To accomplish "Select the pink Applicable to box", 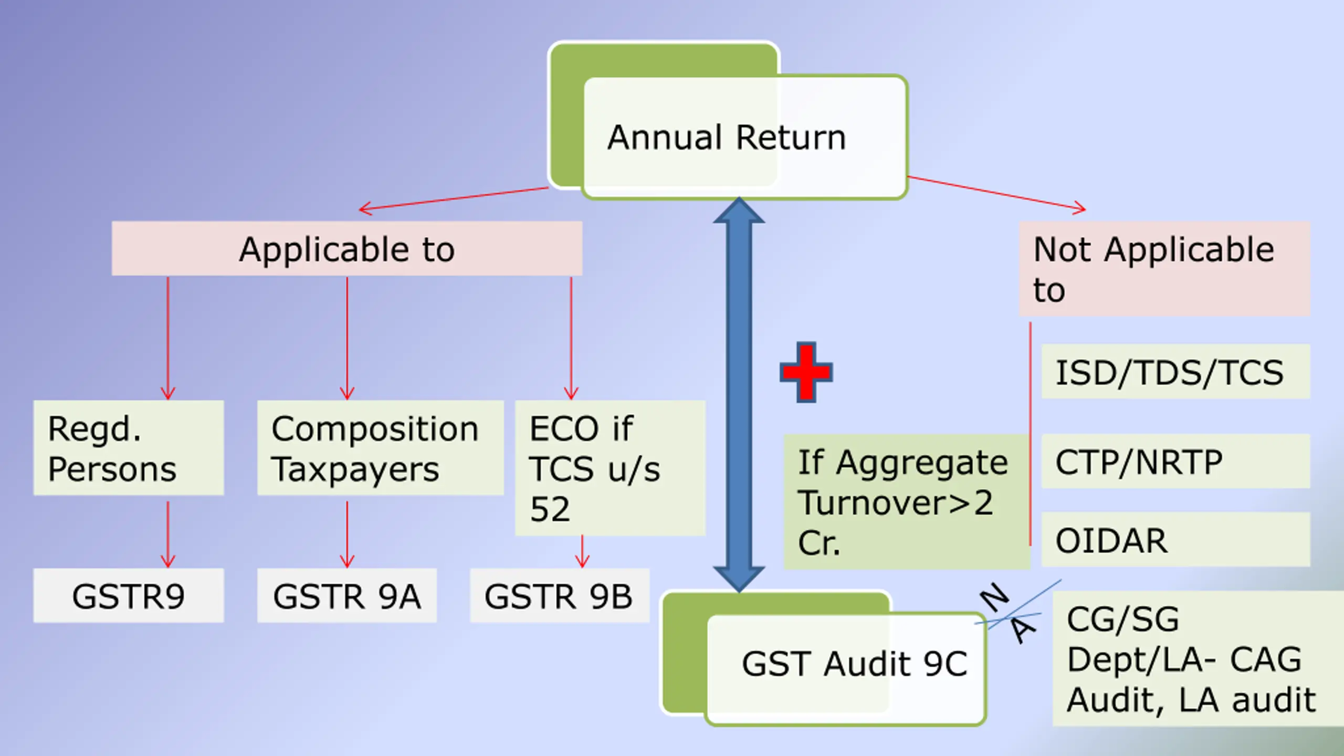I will coord(347,248).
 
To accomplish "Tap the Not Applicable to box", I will coord(1164,269).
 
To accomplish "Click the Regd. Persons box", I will coord(129,448).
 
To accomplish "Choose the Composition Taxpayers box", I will coord(380,448).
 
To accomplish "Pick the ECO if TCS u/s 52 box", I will coord(610,468).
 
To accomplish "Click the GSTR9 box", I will coord(129,595).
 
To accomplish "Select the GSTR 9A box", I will coord(347,595).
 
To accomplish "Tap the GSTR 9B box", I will coord(560,595).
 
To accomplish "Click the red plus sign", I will coord(806,372).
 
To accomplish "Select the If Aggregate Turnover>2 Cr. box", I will coord(906,501).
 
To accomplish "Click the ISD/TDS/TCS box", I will coord(1175,372).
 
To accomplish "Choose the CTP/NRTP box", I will coord(1175,461).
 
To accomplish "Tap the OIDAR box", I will coord(1175,540).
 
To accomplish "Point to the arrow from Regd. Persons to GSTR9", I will coord(168,534).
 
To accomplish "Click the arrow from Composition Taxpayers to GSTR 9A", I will coord(347,534).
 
